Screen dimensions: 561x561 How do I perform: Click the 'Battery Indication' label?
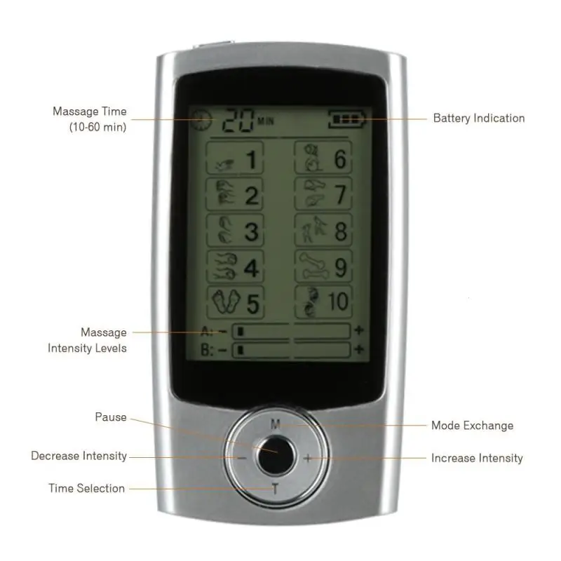click(478, 119)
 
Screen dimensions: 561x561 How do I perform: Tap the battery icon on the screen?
click(347, 120)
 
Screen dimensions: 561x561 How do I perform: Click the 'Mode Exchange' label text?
click(472, 426)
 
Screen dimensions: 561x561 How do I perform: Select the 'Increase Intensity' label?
click(477, 458)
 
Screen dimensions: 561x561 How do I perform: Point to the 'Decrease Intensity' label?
click(79, 456)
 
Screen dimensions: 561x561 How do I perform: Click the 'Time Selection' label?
click(86, 488)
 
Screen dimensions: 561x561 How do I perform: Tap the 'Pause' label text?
click(111, 417)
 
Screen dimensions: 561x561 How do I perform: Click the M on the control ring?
click(275, 423)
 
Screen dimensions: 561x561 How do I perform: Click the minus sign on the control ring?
click(241, 458)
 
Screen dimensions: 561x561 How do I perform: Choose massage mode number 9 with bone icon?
click(323, 267)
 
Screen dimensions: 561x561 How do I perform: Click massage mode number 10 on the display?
click(323, 302)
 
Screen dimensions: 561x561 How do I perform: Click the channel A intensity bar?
click(291, 330)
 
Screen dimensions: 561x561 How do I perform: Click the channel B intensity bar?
click(291, 349)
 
